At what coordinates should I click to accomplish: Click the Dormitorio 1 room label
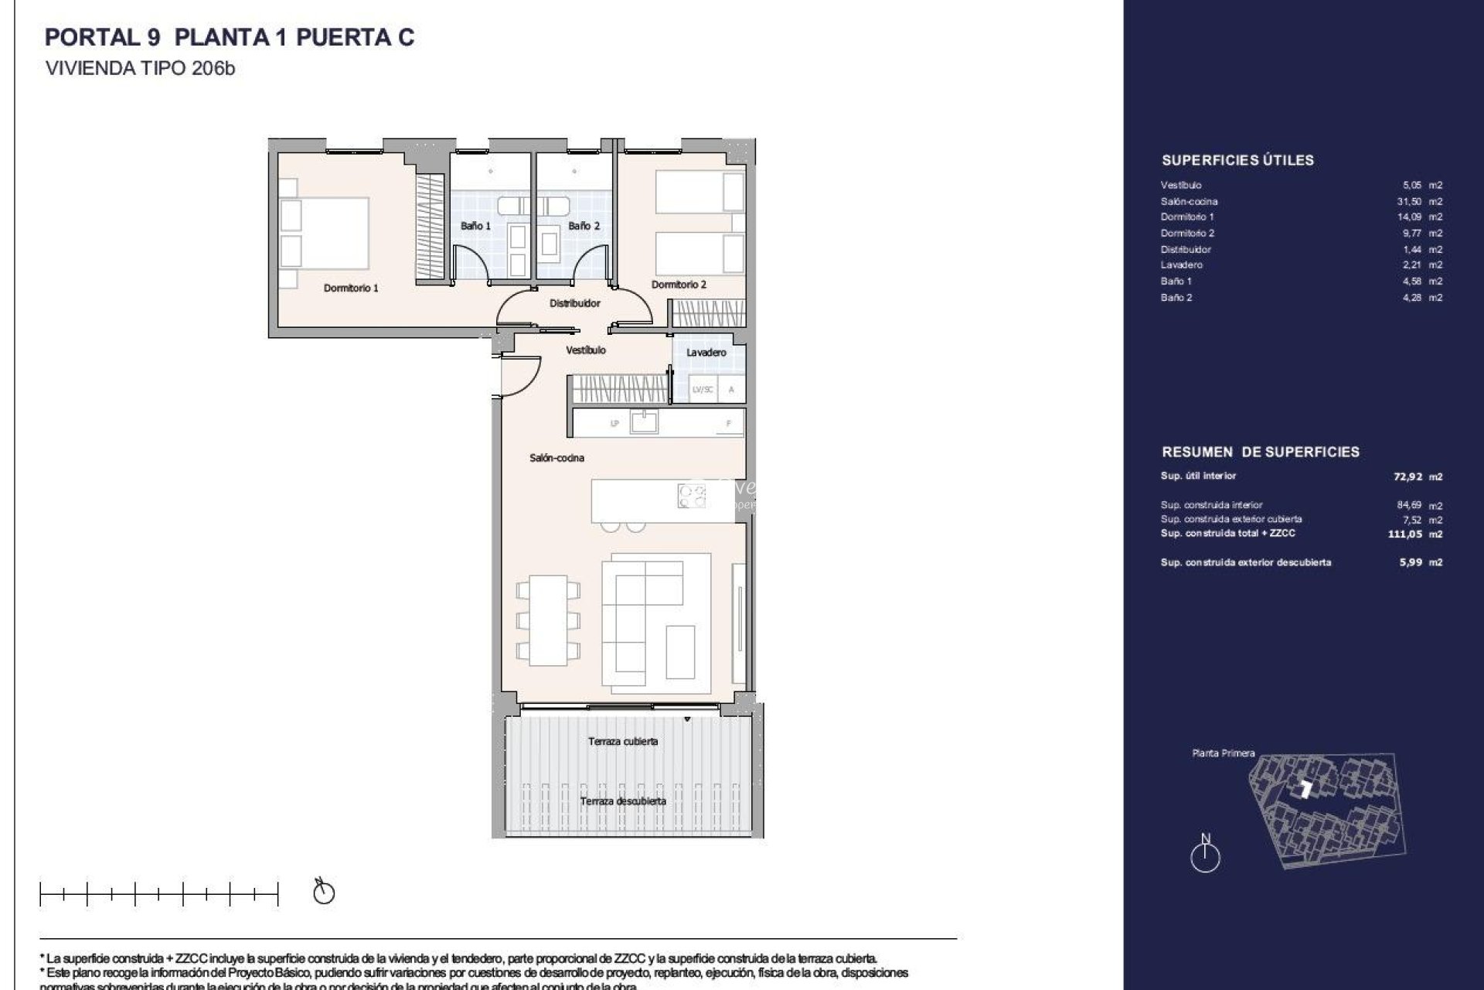(x=350, y=288)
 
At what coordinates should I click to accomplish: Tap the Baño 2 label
(x=584, y=226)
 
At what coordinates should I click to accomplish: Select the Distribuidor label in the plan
(x=574, y=303)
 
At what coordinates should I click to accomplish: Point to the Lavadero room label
(x=706, y=352)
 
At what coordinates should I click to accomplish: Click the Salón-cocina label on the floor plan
(x=556, y=458)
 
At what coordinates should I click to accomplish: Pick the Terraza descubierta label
(x=623, y=801)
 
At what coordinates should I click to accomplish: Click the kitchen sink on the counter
(x=644, y=422)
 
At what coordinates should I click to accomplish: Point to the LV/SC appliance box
(x=703, y=390)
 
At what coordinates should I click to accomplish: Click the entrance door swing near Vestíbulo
(x=520, y=375)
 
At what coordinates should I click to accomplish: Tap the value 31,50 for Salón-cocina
(x=1411, y=201)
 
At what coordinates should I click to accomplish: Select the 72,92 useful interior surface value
(x=1407, y=477)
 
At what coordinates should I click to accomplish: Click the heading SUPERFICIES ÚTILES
(x=1237, y=161)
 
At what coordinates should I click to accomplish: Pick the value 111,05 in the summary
(x=1404, y=534)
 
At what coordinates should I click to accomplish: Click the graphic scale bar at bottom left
(x=158, y=894)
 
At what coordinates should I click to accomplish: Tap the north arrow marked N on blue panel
(x=1205, y=855)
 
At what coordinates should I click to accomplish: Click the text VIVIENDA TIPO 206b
(x=140, y=68)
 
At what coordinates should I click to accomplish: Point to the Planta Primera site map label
(x=1223, y=753)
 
